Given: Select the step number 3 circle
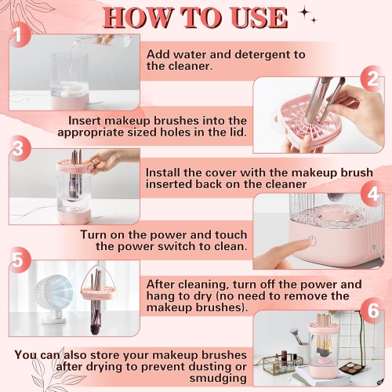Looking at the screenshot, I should coord(20,148).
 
